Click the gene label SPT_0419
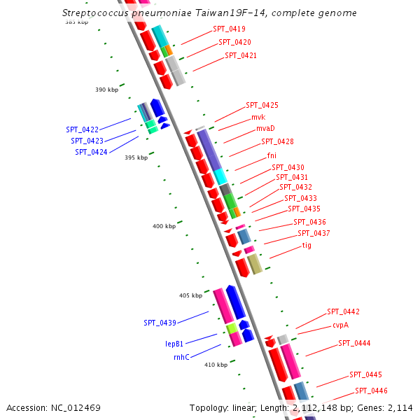click(229, 29)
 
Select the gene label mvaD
click(265, 129)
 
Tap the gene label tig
click(307, 246)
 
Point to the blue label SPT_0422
click(82, 129)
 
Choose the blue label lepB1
click(174, 344)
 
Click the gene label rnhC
click(181, 357)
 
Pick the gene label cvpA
click(340, 325)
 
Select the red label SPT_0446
click(371, 391)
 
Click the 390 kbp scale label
click(107, 90)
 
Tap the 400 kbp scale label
click(164, 226)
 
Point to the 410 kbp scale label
click(216, 365)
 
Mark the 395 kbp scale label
click(136, 157)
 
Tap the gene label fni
click(272, 155)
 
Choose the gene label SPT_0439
click(160, 323)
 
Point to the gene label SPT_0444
click(354, 343)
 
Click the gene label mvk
click(258, 117)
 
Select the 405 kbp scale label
click(190, 295)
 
